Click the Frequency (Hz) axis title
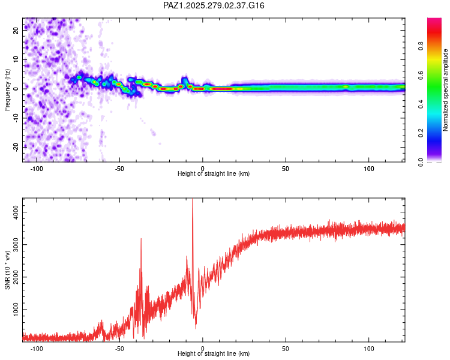7,90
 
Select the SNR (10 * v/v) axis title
7,271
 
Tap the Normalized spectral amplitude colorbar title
445,90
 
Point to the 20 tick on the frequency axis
16,31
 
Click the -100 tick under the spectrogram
37,168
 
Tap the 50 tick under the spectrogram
286,168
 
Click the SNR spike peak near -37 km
141,239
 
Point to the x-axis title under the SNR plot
214,354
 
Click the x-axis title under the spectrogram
214,174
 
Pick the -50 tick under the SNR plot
119,348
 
